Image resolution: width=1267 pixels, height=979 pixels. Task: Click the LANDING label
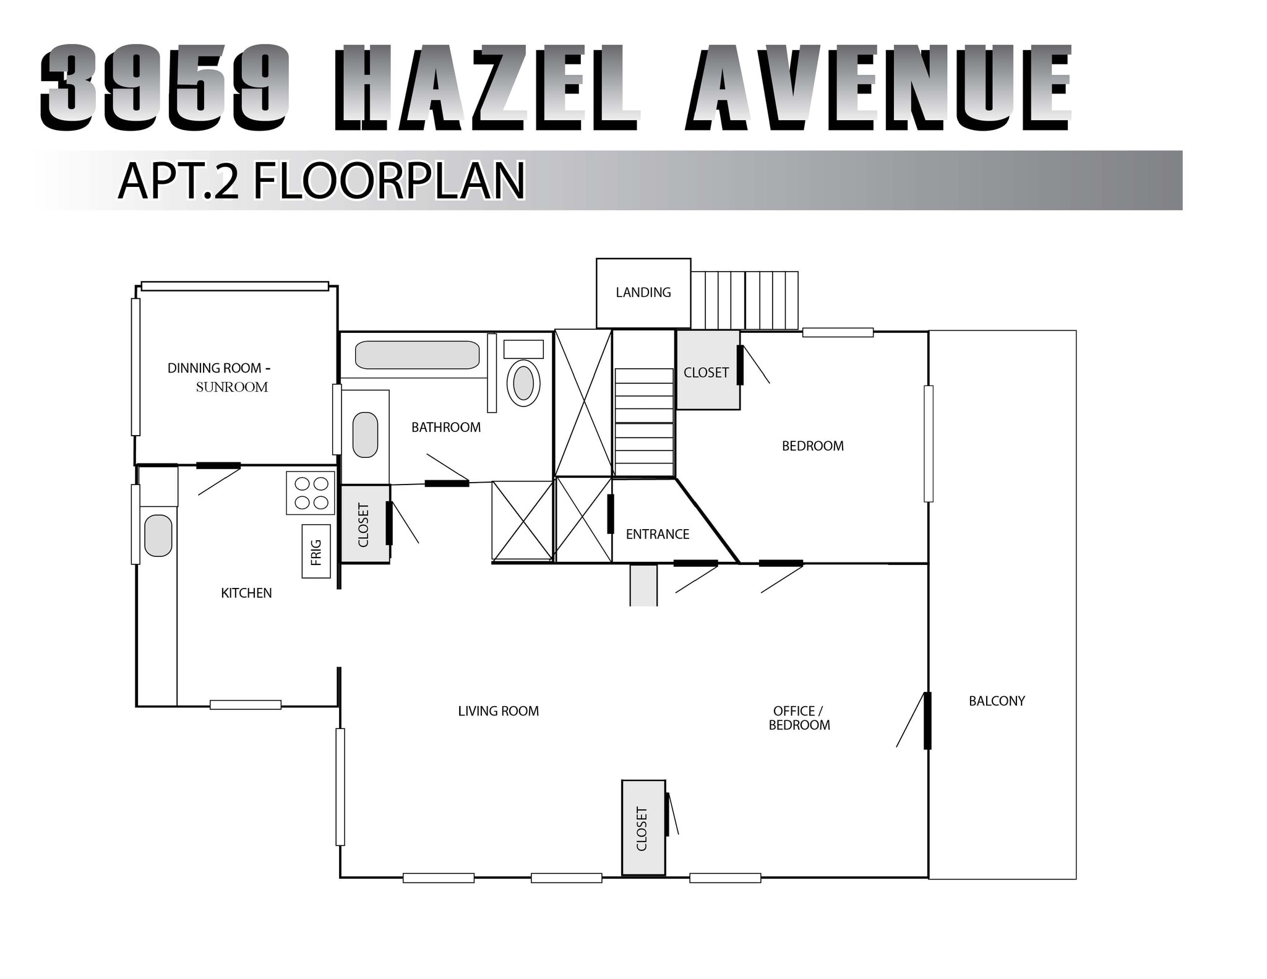643,293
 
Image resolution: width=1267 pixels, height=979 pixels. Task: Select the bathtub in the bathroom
417,355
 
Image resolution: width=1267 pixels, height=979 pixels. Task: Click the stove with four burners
311,493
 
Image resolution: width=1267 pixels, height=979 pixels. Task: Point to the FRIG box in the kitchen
316,551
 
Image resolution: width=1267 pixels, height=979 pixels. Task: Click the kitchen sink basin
158,535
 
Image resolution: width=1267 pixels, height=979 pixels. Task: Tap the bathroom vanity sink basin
365,434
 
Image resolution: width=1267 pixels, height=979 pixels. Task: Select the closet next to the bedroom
707,372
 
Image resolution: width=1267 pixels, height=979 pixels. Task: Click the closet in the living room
643,828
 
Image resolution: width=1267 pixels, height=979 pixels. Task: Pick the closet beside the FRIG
364,524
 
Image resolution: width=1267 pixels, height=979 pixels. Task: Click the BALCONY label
997,701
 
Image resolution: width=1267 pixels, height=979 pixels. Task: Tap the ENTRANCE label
657,534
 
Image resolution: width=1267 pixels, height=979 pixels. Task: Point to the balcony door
927,720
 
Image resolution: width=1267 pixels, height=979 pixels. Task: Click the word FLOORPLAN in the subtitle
389,181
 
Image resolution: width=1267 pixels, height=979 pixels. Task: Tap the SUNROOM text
232,387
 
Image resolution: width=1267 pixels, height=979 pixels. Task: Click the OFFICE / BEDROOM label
799,718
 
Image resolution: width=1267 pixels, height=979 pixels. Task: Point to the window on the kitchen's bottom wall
246,704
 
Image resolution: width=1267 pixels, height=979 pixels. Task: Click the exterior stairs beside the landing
744,300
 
